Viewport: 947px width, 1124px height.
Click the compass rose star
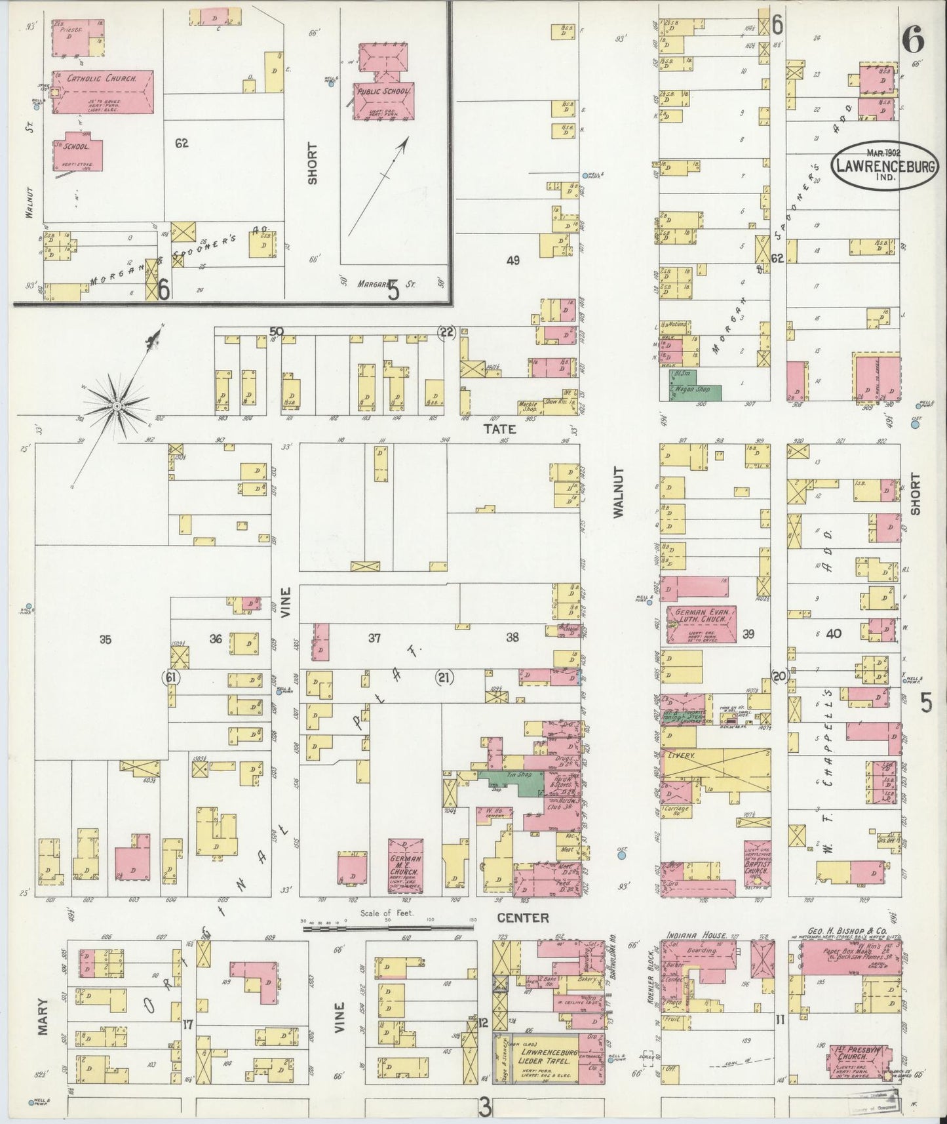(117, 407)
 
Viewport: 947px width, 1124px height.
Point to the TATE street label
(500, 430)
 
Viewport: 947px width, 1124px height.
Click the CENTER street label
(522, 917)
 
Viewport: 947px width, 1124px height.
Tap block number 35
(105, 640)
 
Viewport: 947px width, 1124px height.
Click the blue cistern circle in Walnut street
(622, 854)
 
